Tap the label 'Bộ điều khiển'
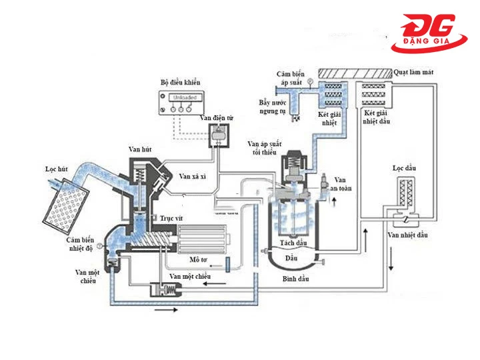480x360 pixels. tap(182, 82)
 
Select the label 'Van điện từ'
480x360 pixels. tap(217, 118)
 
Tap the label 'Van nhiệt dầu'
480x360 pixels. tap(406, 235)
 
